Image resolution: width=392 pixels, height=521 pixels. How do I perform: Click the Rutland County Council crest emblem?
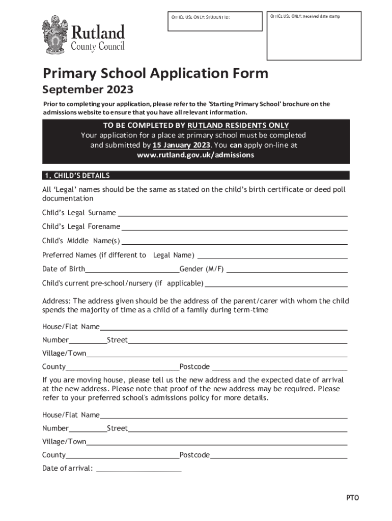[x=54, y=35]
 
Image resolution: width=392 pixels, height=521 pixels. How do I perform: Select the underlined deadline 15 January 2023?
[x=181, y=145]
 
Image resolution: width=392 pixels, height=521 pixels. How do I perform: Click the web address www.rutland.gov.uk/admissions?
[x=195, y=155]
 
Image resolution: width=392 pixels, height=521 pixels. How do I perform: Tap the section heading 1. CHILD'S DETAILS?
[x=76, y=176]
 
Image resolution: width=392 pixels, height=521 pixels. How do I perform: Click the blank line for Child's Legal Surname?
[x=233, y=214]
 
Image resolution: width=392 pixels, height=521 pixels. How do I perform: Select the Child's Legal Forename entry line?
[x=234, y=227]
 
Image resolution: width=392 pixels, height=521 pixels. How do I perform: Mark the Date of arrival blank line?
[x=138, y=470]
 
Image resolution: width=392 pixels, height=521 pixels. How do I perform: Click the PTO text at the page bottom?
[x=353, y=498]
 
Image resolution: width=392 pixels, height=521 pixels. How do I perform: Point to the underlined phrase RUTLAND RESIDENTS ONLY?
[x=238, y=125]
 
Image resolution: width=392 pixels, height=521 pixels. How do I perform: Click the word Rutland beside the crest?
[x=97, y=33]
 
